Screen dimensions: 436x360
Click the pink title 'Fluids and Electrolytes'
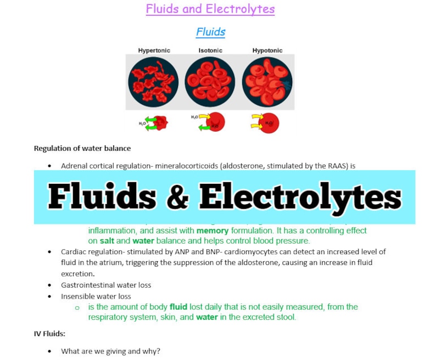210,9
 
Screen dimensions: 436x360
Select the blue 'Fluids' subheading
210,32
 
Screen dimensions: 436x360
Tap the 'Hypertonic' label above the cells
154,50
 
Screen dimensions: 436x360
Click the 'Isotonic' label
210,50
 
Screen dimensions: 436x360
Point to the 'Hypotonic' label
267,50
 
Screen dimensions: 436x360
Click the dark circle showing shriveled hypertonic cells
153,82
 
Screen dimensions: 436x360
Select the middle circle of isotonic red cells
210,82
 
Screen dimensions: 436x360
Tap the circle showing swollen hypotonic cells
267,82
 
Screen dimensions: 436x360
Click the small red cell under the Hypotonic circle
269,123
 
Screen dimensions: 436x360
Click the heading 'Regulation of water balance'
82,148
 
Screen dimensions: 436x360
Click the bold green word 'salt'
107,241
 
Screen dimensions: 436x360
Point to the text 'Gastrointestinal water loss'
106,285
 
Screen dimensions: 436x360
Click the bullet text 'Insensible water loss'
96,296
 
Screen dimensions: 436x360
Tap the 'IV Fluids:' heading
50,333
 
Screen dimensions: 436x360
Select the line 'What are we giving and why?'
110,351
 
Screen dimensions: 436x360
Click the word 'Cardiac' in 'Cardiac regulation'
73,252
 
